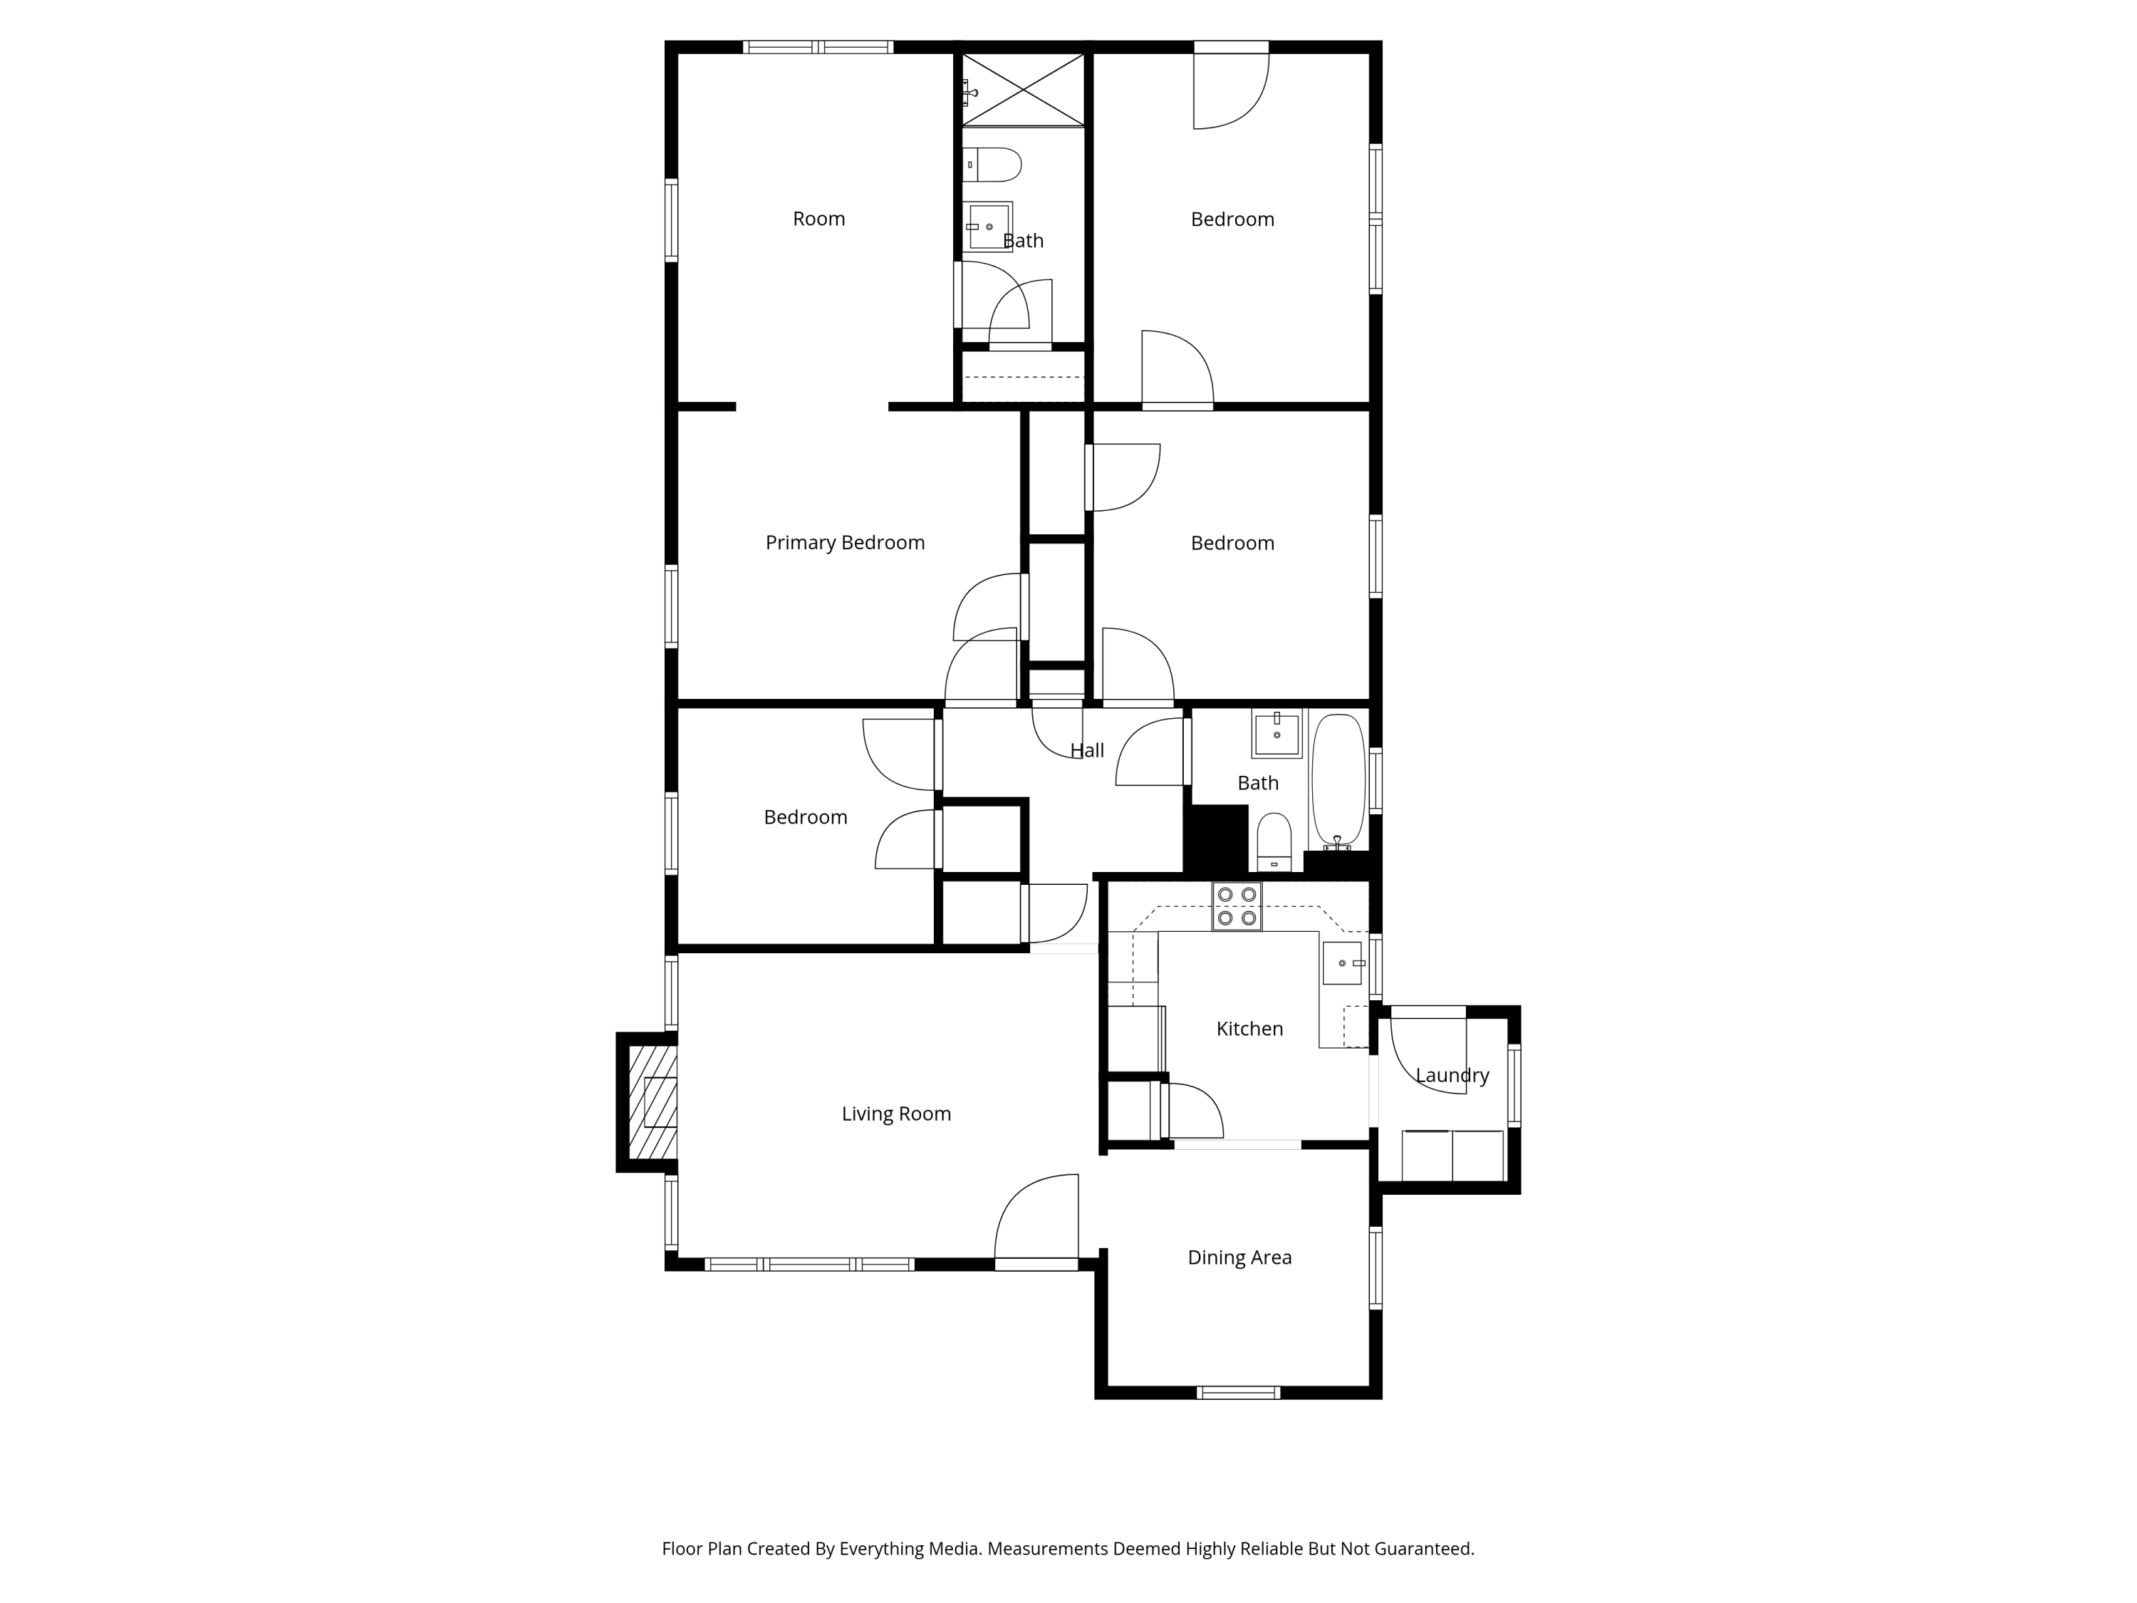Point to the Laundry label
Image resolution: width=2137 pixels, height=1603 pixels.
point(1452,1075)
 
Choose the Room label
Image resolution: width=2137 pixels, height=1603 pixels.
point(818,219)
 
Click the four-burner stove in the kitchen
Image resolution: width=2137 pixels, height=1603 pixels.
point(1237,906)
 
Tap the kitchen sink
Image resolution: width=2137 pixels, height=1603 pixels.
point(1343,963)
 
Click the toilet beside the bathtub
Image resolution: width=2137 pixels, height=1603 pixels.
point(1274,841)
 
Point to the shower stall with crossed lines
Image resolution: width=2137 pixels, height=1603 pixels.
point(1023,90)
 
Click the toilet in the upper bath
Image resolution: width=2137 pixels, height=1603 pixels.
point(992,165)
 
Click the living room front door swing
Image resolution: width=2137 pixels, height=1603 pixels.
point(1036,1215)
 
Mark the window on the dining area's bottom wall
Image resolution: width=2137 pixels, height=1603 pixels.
point(1239,1392)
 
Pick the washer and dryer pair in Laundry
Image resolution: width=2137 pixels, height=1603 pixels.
point(1452,1155)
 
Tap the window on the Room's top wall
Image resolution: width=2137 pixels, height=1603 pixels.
point(818,46)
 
